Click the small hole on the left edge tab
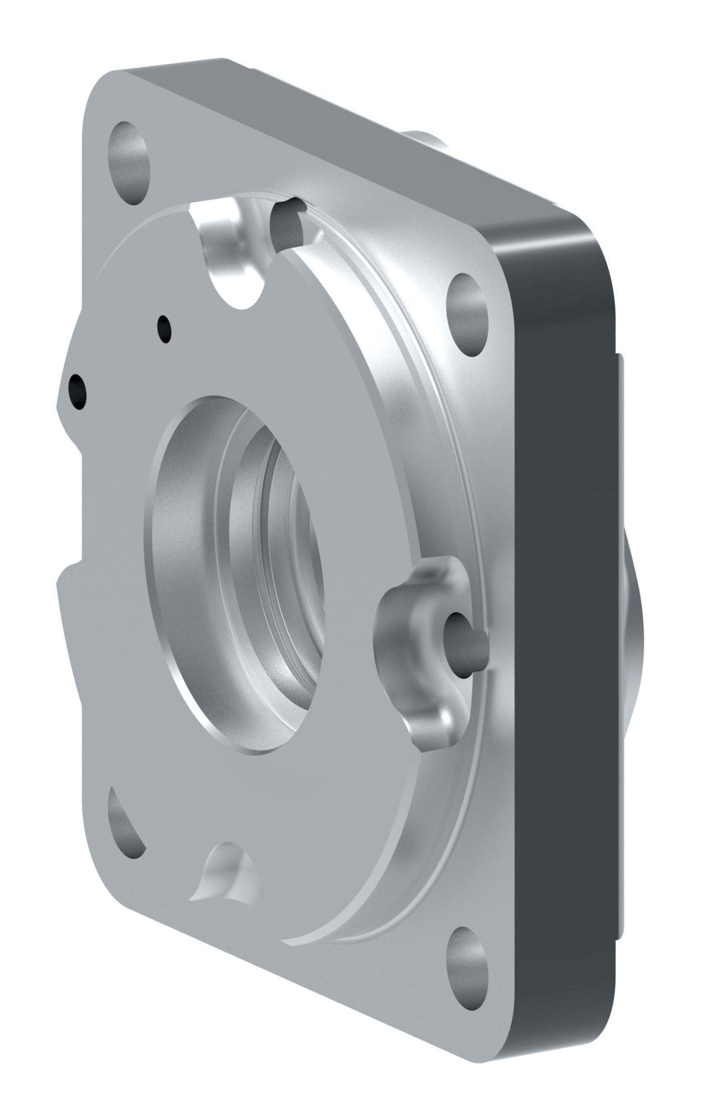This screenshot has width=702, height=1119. pos(77,390)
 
